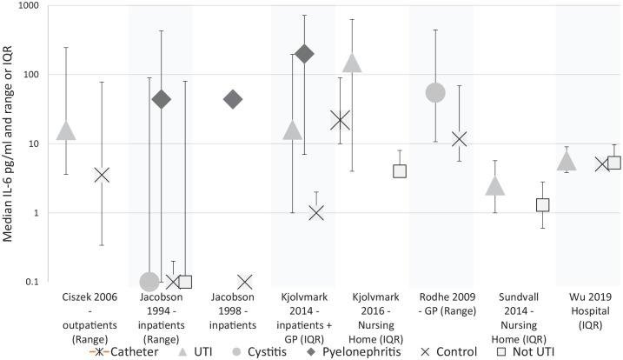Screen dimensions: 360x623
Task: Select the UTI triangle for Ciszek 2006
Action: (x=66, y=130)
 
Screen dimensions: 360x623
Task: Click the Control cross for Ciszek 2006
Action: (x=102, y=175)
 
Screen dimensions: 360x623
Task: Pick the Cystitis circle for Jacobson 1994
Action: (x=149, y=281)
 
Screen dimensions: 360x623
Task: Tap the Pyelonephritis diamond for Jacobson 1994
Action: (x=161, y=99)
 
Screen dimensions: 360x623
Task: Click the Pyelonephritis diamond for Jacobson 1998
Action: (x=232, y=99)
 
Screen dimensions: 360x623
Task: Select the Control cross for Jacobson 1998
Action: (x=244, y=281)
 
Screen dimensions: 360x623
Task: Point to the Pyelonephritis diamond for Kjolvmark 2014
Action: (x=303, y=54)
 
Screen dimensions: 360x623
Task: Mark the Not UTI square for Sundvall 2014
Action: (x=542, y=205)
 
